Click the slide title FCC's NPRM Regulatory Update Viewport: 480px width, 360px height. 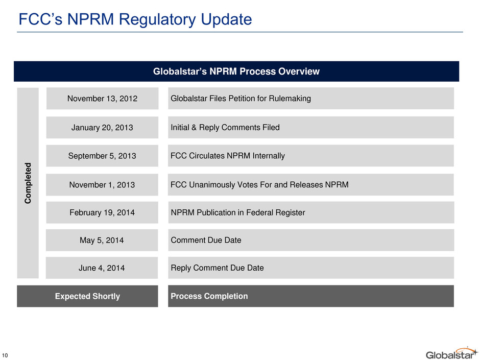pos(135,19)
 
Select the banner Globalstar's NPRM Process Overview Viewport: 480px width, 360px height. pos(236,71)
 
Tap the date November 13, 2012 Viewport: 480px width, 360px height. pos(102,99)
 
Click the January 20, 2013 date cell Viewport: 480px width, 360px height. pos(102,127)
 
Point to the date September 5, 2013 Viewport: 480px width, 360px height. pos(102,156)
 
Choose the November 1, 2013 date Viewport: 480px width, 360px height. pos(102,185)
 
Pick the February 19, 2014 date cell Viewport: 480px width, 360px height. pos(102,212)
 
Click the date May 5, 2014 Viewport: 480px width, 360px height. pos(102,241)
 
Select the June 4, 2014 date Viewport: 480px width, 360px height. pos(102,268)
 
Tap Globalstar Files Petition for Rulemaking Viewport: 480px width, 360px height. pos(241,98)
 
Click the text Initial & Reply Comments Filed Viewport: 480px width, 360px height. pos(225,127)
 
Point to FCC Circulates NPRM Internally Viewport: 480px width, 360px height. pos(227,156)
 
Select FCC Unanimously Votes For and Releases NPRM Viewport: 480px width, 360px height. pos(259,184)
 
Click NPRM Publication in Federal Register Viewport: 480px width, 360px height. pos(238,212)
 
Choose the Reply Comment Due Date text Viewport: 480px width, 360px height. pos(217,268)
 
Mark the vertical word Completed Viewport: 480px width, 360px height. pos(28,183)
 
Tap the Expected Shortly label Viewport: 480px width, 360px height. pos(87,296)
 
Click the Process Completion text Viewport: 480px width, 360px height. pos(209,296)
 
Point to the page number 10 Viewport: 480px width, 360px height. pos(5,356)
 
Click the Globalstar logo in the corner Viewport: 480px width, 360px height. pos(451,353)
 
